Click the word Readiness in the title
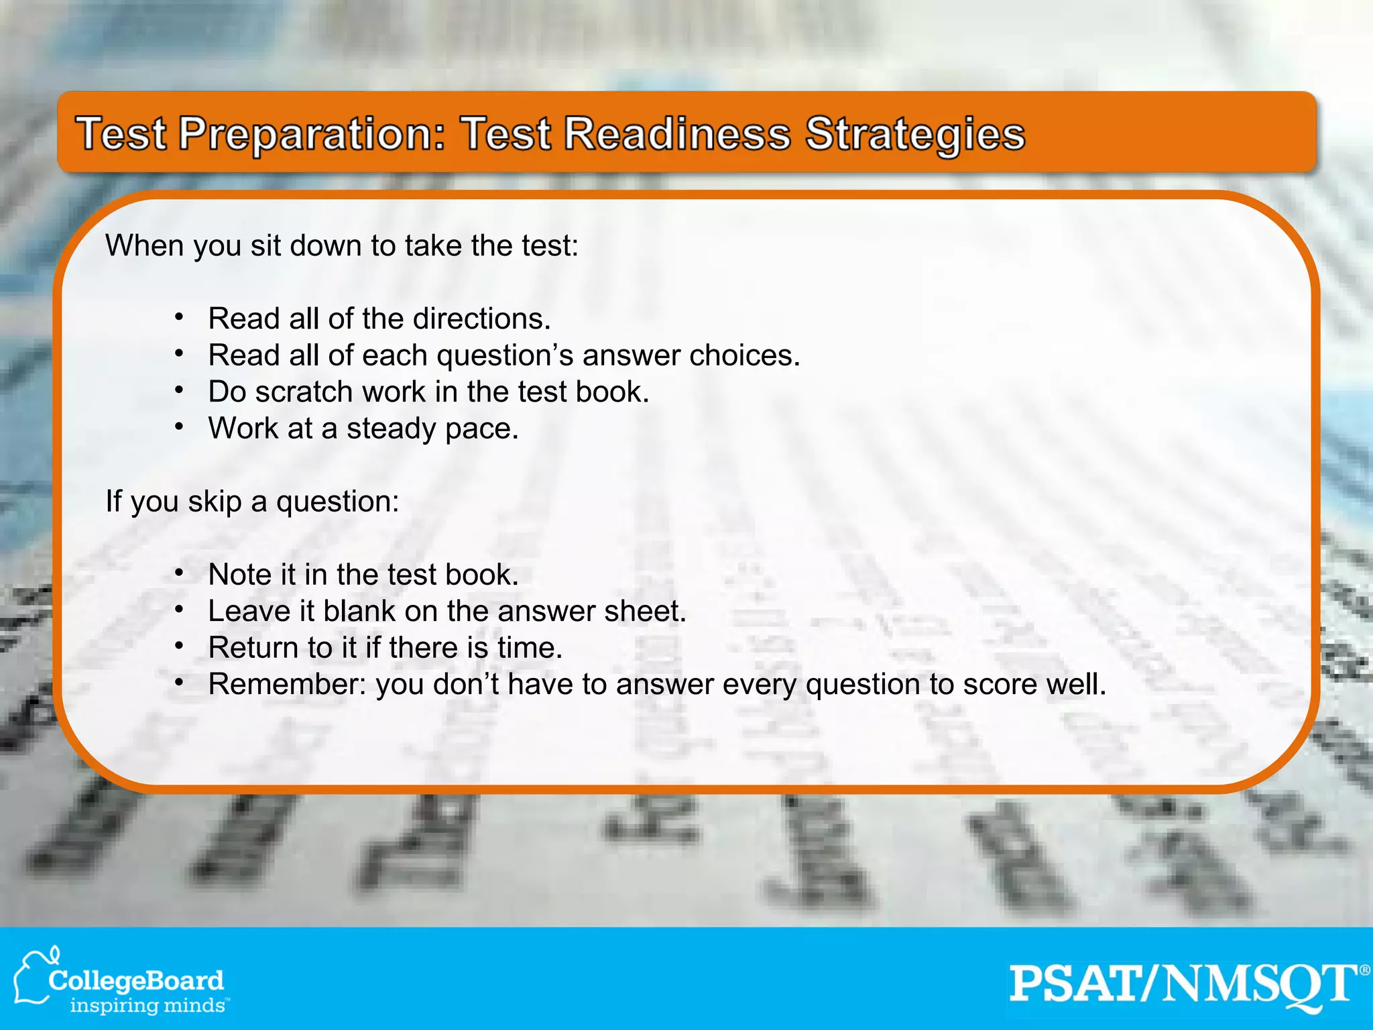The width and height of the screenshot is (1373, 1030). [677, 133]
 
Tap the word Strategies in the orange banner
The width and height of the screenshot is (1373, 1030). [915, 135]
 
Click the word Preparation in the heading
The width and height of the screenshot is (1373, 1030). [312, 135]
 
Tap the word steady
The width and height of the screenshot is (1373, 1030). [392, 429]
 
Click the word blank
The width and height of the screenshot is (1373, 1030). [359, 611]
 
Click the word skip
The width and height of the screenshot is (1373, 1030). [215, 502]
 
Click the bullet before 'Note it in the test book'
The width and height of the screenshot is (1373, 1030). [178, 573]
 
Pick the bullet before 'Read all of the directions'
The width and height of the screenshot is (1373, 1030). [178, 317]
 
